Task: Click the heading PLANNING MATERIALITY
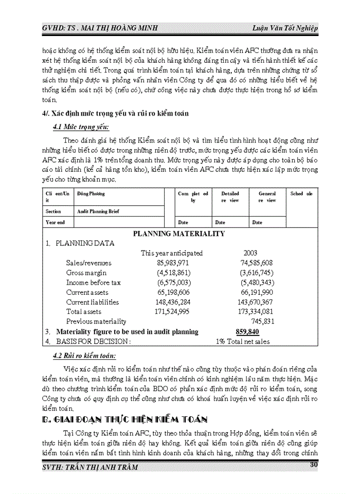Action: (x=178, y=234)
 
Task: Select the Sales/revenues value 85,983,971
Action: (x=174, y=263)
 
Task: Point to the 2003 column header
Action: (x=251, y=253)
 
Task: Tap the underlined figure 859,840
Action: (x=247, y=332)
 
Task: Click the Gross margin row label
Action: (x=86, y=273)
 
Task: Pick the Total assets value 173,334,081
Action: (x=256, y=311)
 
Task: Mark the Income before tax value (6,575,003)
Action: (x=174, y=283)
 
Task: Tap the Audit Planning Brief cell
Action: (x=98, y=211)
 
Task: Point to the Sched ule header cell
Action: (x=301, y=194)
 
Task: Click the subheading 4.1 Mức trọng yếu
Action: (x=81, y=127)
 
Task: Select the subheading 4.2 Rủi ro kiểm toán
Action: (x=84, y=356)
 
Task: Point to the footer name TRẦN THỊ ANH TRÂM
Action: (x=106, y=467)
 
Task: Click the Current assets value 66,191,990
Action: (x=257, y=292)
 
